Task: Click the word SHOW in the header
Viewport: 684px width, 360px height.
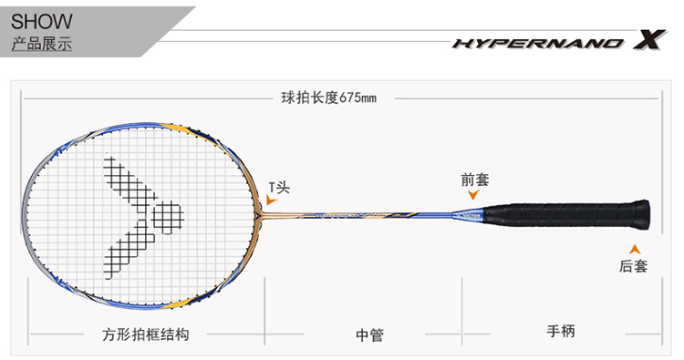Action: [41, 21]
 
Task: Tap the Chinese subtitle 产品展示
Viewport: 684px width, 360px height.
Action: [41, 44]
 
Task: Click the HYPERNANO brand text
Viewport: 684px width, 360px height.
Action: [539, 43]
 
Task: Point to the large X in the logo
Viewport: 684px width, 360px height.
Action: [649, 39]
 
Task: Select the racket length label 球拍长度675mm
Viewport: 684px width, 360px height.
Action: [329, 98]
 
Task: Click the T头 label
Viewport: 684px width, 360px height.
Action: [279, 188]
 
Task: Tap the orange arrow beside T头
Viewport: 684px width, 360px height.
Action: [272, 200]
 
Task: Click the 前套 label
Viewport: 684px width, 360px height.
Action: [475, 180]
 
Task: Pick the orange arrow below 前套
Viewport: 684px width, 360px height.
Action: [473, 194]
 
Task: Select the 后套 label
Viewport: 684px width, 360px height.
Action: [634, 266]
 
